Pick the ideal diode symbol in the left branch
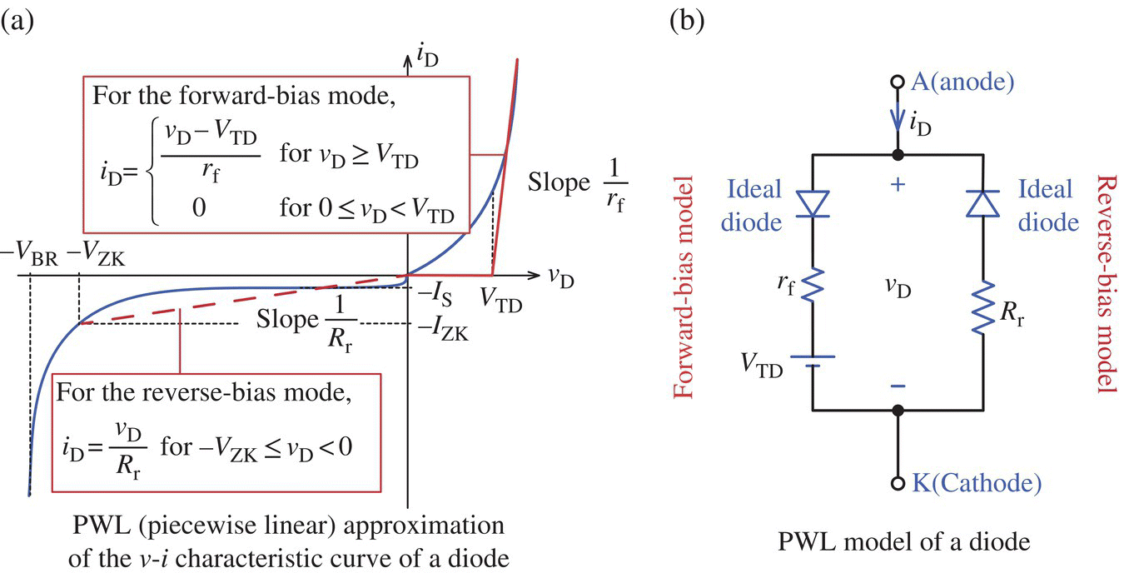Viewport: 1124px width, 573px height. [x=813, y=203]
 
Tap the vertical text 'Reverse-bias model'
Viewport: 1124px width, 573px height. [x=1107, y=282]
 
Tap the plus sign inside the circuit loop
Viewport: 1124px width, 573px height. [x=898, y=185]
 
